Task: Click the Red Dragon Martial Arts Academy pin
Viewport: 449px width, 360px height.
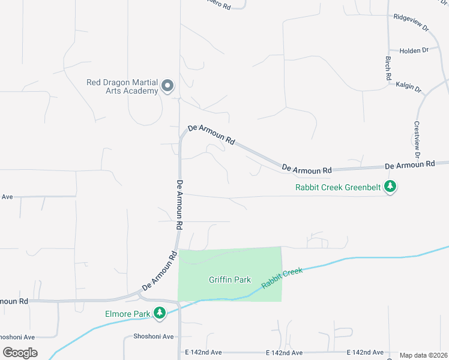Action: point(167,87)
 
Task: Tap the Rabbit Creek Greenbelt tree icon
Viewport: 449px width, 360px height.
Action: point(391,187)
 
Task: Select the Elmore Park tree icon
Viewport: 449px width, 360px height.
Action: point(159,313)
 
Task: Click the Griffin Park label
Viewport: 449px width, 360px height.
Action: point(229,280)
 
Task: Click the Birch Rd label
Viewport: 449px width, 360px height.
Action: point(388,69)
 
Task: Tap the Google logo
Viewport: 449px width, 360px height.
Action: point(20,353)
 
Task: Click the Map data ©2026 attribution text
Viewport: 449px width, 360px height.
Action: point(423,355)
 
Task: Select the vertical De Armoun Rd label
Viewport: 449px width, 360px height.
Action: point(179,206)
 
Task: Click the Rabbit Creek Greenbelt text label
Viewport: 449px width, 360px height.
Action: point(339,187)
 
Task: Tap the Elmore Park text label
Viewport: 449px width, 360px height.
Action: point(127,314)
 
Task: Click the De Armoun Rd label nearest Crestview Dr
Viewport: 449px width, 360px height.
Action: point(409,164)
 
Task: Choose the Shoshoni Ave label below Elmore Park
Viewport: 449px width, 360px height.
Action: point(154,337)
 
